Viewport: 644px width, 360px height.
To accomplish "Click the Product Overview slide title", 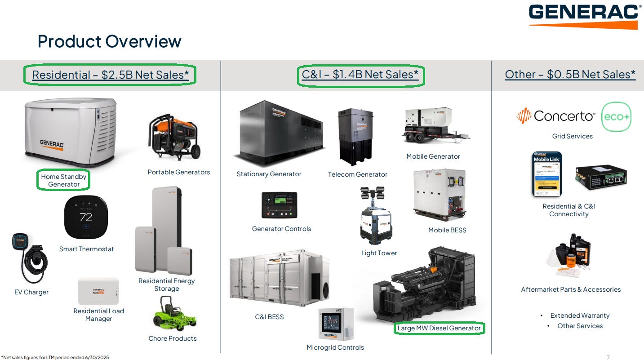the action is point(109,41).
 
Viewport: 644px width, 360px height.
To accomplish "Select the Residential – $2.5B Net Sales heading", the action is point(110,75).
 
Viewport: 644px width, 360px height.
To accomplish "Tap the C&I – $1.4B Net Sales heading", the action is point(360,75).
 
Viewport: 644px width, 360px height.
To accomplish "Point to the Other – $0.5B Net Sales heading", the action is point(570,75).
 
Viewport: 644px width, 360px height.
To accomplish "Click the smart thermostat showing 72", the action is point(85,218).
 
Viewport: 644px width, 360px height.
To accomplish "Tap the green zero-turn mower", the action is point(174,313).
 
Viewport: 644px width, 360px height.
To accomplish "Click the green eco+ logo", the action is point(616,117).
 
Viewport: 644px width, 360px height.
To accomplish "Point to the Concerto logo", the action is point(555,116).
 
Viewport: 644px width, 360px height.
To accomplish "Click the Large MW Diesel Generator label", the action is point(439,328).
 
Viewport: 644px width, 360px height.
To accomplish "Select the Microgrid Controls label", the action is point(335,347).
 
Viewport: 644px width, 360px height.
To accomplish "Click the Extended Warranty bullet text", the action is point(580,316).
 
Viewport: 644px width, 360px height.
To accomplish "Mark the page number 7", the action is point(608,357).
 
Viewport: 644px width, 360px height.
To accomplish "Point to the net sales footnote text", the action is point(55,357).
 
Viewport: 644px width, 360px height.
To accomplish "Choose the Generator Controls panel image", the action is point(279,205).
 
